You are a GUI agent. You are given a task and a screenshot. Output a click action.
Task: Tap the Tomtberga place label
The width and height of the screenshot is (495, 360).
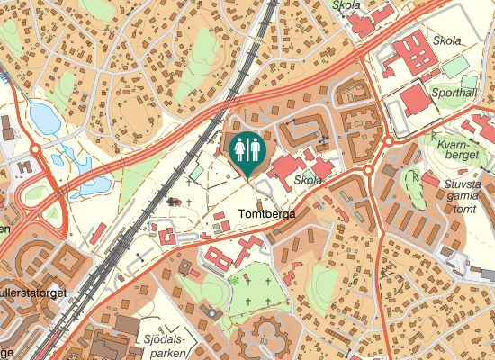click(x=268, y=215)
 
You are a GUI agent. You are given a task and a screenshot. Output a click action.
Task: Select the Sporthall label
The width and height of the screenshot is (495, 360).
click(x=455, y=93)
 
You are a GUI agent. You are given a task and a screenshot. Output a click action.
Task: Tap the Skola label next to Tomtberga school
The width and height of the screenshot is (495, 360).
click(x=308, y=180)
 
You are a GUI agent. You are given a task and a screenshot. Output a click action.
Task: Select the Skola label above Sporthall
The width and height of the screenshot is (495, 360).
click(x=447, y=40)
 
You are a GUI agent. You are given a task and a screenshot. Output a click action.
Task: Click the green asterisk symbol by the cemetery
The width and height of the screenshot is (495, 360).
click(x=234, y=281)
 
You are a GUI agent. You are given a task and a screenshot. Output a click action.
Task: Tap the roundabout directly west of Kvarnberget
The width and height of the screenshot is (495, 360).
click(x=390, y=140)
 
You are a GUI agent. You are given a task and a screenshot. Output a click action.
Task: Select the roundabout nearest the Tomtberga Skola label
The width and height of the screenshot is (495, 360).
click(x=368, y=170)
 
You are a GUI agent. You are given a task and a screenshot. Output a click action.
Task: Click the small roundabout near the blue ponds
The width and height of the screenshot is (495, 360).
click(x=35, y=148)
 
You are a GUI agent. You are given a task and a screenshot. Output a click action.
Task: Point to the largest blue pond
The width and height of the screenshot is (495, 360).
click(x=41, y=114)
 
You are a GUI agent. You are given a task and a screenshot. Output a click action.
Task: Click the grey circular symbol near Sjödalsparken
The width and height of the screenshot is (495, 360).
click(x=212, y=312)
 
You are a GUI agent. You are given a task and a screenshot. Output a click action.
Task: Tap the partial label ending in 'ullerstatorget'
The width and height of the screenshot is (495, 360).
click(x=34, y=292)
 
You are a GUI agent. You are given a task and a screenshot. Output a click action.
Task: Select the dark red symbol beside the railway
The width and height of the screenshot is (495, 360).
click(x=173, y=202)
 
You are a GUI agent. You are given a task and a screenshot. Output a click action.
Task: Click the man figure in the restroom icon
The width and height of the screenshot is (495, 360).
click(x=239, y=148)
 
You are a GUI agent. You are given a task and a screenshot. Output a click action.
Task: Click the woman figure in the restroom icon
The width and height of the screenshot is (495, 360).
click(x=256, y=148)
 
